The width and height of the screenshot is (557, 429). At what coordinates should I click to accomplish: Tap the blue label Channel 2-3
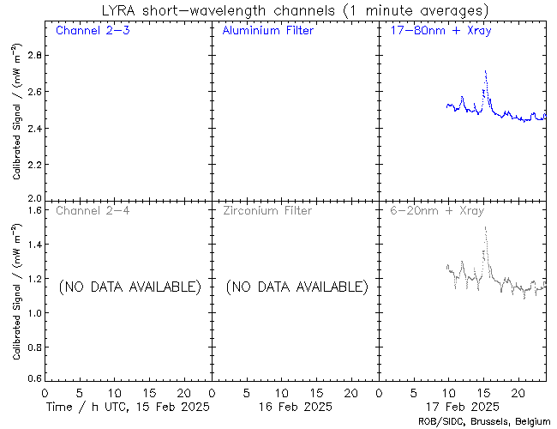(92, 32)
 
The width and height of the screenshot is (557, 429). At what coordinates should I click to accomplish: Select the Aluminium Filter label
(267, 32)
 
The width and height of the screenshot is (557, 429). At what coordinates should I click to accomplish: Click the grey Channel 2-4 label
(92, 210)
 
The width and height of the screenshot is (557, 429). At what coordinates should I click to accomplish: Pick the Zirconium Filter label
(267, 210)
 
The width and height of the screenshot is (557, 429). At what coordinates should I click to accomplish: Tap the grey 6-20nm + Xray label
(438, 210)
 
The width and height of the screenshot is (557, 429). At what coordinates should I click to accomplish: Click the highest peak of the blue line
(485, 71)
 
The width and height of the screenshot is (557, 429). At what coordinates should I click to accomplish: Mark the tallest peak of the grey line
(485, 227)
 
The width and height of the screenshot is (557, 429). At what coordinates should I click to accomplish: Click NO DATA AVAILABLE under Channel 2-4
(129, 287)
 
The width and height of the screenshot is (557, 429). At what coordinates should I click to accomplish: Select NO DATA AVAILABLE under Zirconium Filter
(296, 287)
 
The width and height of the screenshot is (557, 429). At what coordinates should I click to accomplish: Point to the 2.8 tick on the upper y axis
(33, 55)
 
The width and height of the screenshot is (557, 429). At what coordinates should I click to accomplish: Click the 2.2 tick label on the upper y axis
(33, 165)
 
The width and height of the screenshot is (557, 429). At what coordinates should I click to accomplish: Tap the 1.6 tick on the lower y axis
(33, 209)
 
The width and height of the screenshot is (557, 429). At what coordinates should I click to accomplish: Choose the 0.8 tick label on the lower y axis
(33, 346)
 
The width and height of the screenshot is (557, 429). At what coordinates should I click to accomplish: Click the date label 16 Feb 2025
(295, 406)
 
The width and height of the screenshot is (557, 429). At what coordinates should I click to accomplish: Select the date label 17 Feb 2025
(463, 406)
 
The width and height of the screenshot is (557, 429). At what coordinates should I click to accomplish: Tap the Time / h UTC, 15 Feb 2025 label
(128, 406)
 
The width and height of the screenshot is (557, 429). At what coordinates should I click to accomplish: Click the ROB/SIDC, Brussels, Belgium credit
(486, 421)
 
